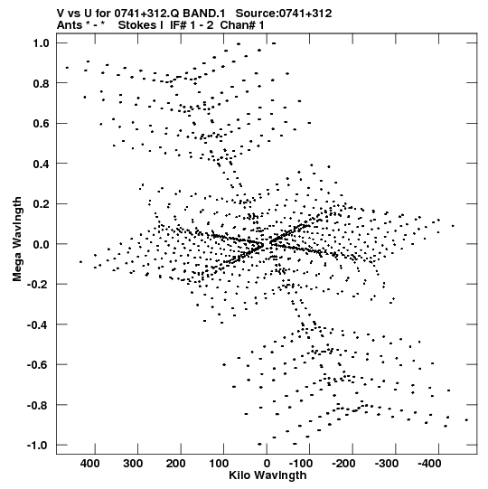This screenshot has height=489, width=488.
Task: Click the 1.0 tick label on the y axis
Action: coord(42,43)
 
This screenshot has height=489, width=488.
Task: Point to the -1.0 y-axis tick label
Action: coord(38,445)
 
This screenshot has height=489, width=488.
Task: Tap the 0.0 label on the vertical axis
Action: coord(42,244)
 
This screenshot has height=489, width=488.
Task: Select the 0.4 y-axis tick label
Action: coord(42,164)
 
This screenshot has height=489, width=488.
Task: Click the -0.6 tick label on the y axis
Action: coord(38,364)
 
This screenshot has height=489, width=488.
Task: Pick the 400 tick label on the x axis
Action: coord(90,464)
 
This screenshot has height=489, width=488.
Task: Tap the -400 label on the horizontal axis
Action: coord(429,464)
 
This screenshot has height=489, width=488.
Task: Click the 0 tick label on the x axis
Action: coord(267,464)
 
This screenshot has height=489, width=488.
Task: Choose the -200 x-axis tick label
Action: coord(343,464)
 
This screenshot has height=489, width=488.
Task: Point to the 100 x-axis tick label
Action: coord(219,464)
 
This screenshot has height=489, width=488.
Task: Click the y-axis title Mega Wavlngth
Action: coord(17,240)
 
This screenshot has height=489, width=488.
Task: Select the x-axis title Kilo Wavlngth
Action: coord(267,475)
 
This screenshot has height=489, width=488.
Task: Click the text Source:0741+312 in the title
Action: coord(284,14)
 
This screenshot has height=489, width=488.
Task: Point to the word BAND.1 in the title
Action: coord(203,14)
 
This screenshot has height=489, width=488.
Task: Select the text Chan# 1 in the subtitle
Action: coord(242,25)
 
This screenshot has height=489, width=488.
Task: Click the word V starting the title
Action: coord(61,14)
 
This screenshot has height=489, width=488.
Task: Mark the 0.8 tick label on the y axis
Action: coord(42,83)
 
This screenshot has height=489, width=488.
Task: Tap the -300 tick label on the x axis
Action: coord(387,464)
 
